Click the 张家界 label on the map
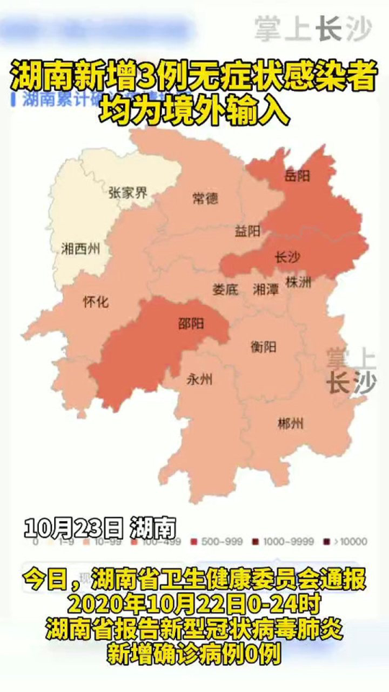click(x=128, y=193)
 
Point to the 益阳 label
click(x=247, y=232)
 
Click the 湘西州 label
click(x=81, y=250)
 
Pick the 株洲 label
click(x=298, y=281)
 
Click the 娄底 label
click(x=224, y=289)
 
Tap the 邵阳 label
click(x=191, y=324)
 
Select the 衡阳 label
click(x=263, y=347)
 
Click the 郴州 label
click(x=291, y=423)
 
